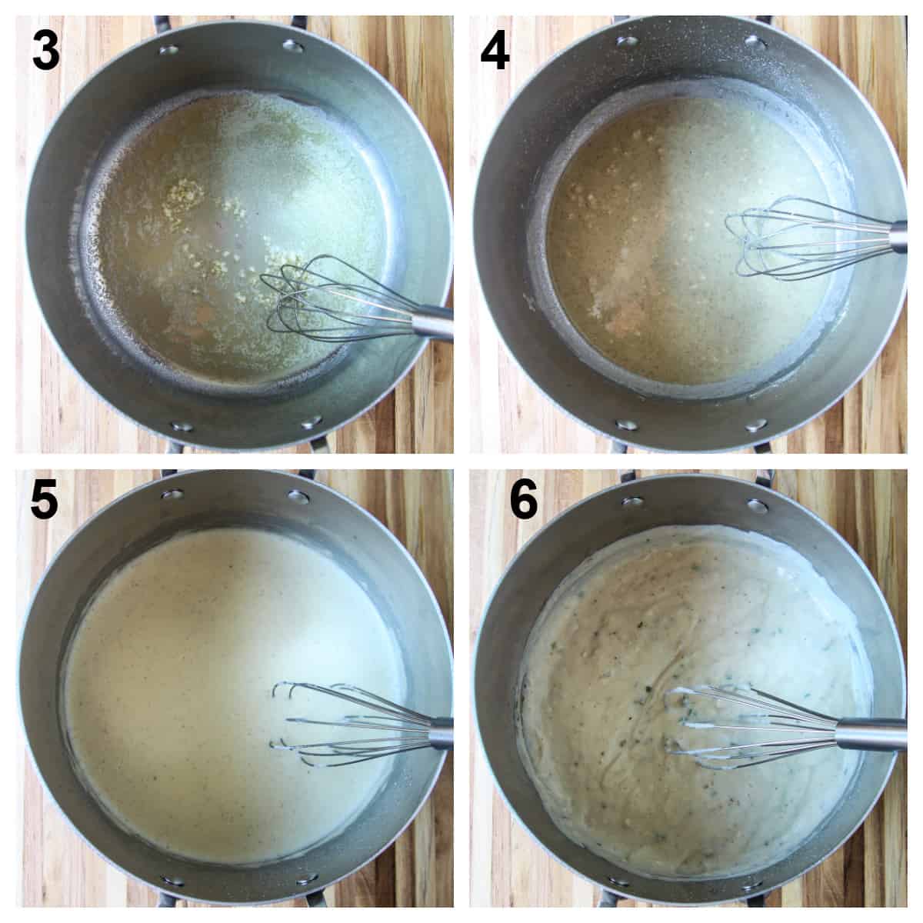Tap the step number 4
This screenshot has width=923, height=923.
[x=494, y=52]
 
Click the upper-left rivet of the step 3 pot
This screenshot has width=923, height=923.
[x=168, y=51]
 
